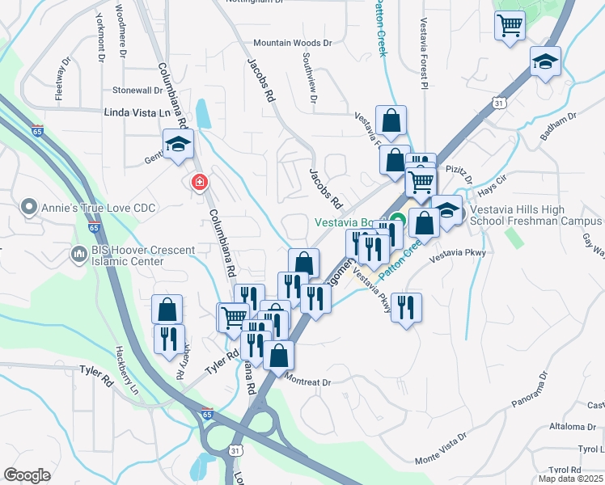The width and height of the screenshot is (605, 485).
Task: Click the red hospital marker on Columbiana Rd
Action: [x=198, y=183]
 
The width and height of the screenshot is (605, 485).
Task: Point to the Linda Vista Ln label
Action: [x=138, y=113]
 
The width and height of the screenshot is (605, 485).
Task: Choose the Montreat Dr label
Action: [x=309, y=382]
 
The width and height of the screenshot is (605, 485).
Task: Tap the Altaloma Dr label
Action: [x=573, y=426]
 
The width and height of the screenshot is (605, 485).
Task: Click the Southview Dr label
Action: [x=309, y=78]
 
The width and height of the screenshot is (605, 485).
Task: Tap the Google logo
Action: [x=27, y=475]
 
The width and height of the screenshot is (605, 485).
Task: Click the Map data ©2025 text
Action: [x=570, y=479]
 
